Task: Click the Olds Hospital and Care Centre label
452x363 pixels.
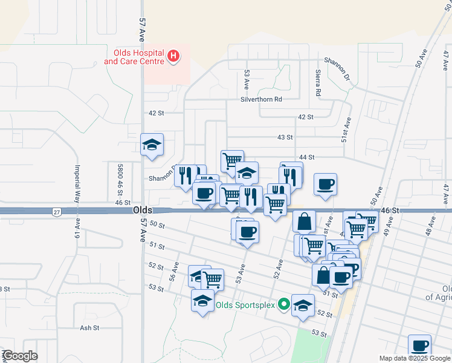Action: (x=134, y=57)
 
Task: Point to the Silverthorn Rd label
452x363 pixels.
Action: (x=261, y=99)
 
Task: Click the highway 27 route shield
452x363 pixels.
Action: (x=56, y=212)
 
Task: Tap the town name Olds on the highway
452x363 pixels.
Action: (x=143, y=210)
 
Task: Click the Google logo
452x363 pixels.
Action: (x=19, y=356)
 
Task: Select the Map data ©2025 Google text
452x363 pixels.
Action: (x=414, y=358)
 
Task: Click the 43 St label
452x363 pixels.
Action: (x=285, y=137)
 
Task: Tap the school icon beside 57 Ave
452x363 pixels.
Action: (x=152, y=145)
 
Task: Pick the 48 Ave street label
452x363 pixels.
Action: (x=430, y=228)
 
